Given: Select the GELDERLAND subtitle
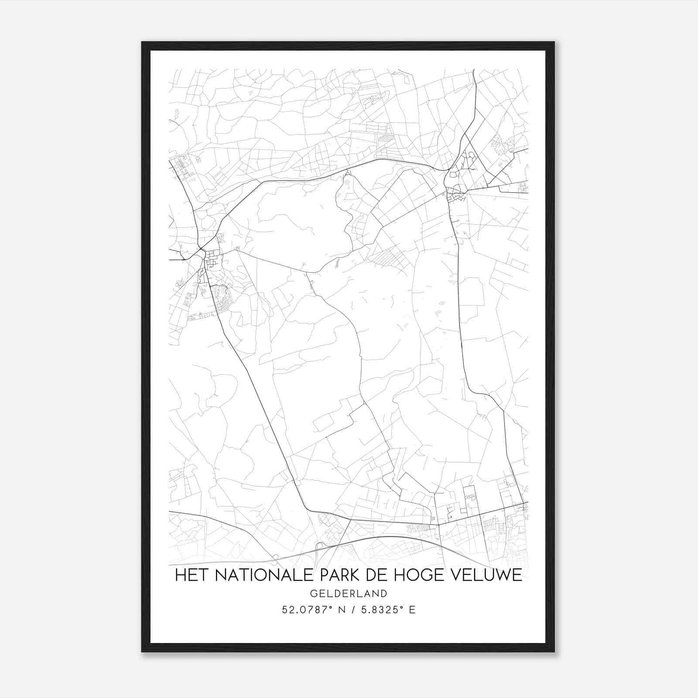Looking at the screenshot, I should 349,593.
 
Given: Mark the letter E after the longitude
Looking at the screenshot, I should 412,610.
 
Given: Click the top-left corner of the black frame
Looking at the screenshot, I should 143,43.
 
